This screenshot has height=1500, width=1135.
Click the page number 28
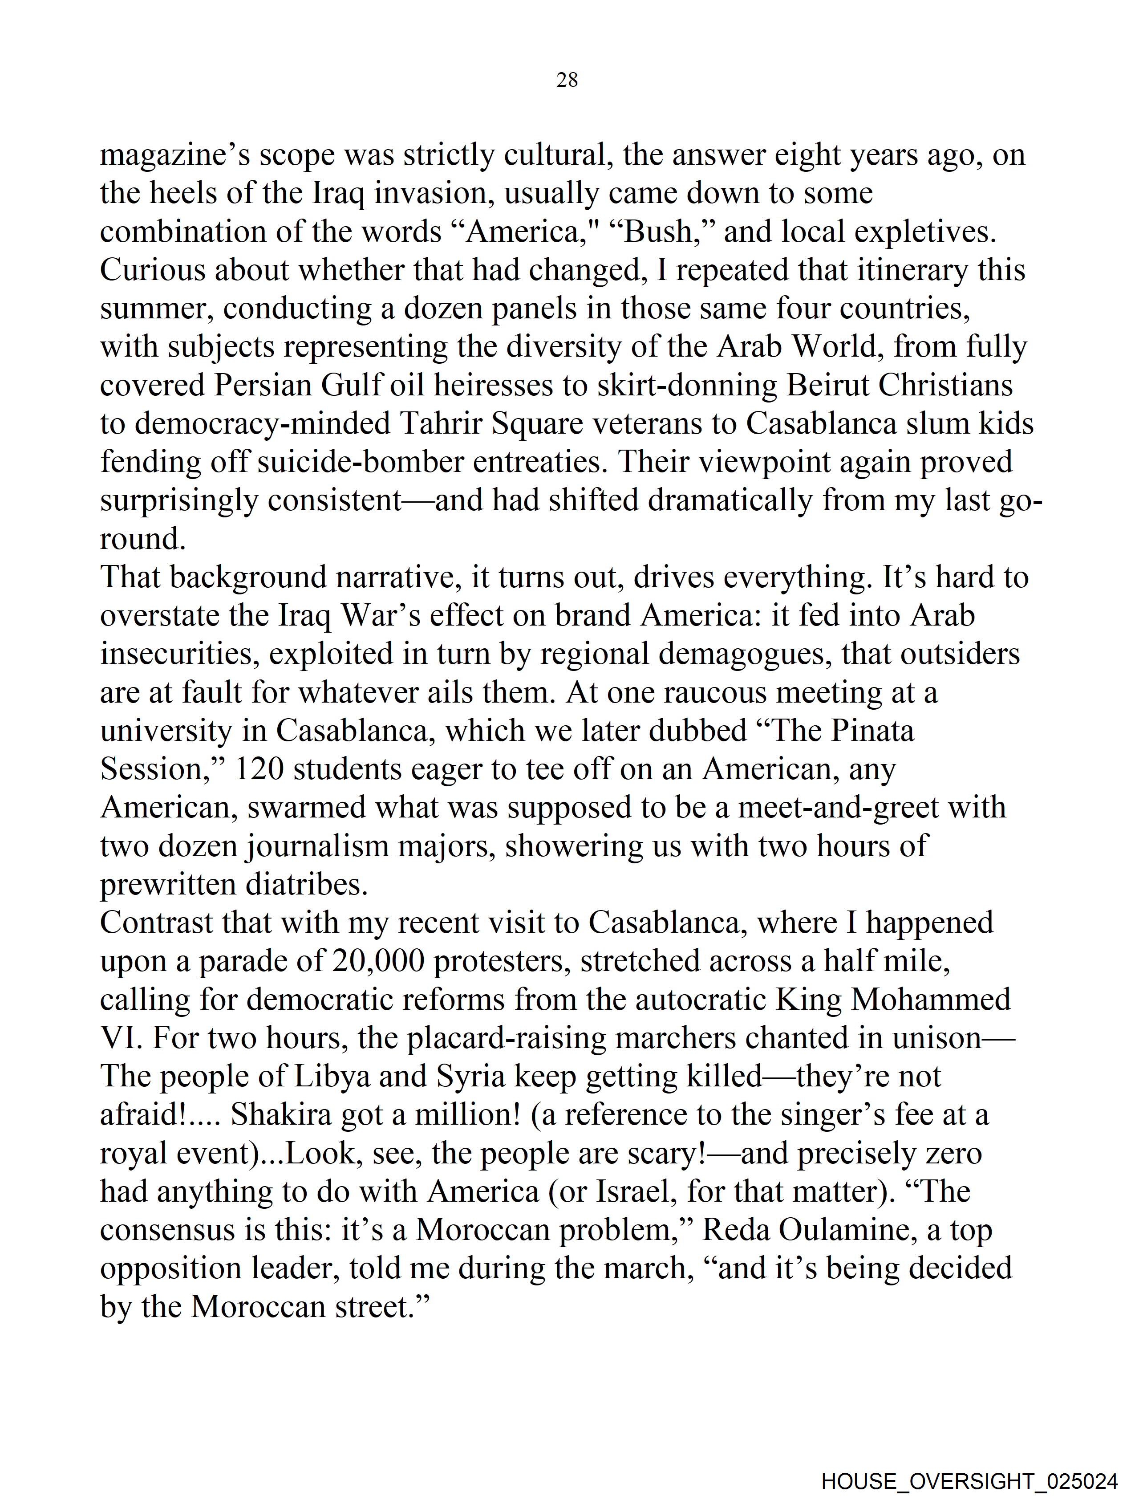tap(567, 81)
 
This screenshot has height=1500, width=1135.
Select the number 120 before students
tap(258, 769)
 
